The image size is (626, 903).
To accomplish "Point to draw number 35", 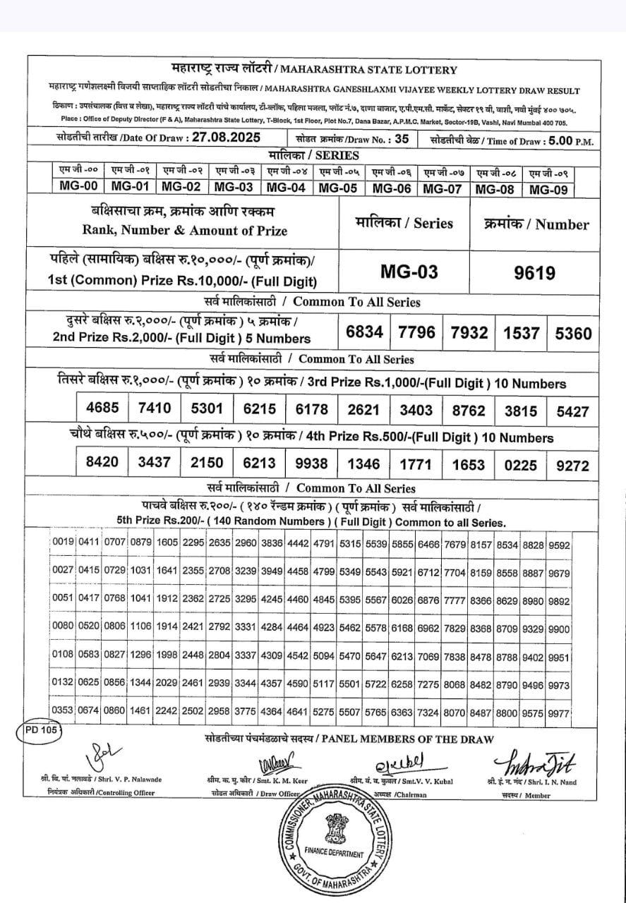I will (x=402, y=138).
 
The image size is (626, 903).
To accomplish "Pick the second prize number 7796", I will (x=416, y=332).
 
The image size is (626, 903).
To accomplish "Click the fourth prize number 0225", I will (x=521, y=464).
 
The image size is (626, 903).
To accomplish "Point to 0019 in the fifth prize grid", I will (x=63, y=545).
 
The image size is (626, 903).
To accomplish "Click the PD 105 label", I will (x=39, y=730).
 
